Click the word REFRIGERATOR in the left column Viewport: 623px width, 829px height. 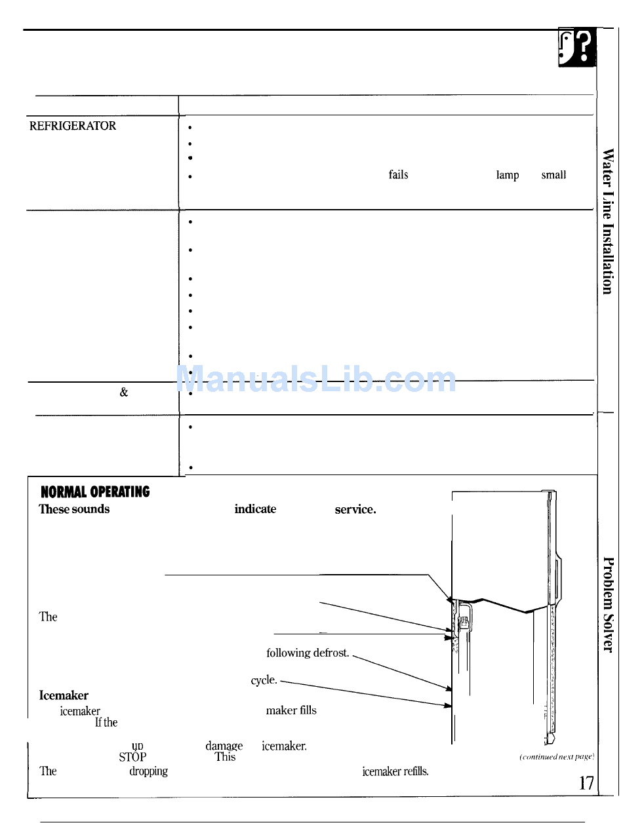(x=73, y=126)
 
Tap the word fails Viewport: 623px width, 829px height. (x=398, y=175)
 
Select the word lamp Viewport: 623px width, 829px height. (x=508, y=175)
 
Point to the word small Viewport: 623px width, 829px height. (x=553, y=175)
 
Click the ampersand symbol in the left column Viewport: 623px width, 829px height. (x=124, y=393)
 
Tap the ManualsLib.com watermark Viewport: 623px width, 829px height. (x=316, y=379)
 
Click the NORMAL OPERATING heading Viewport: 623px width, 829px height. (x=95, y=492)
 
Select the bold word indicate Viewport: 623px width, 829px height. (x=255, y=509)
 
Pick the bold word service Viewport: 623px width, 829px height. (x=355, y=509)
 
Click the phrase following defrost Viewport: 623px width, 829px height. (x=308, y=653)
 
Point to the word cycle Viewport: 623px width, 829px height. (x=265, y=680)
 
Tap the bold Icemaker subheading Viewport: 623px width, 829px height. (x=64, y=695)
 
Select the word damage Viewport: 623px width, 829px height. (x=224, y=746)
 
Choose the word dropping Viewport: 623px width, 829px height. (x=148, y=771)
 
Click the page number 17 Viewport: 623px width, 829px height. (x=586, y=782)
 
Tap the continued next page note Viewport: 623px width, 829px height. (x=556, y=756)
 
